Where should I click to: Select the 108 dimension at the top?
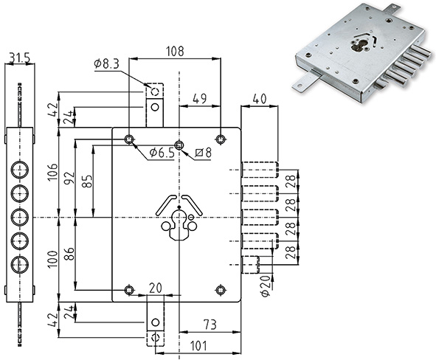coord(175,52)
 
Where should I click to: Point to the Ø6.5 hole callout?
coord(162,152)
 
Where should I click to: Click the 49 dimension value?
coord(199,98)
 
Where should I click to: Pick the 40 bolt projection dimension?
coord(259,98)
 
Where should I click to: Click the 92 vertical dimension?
coord(71,177)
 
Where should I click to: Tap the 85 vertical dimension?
coord(88,180)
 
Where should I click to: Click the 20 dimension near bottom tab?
coord(155,287)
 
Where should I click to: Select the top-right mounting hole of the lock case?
coord(221,139)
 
